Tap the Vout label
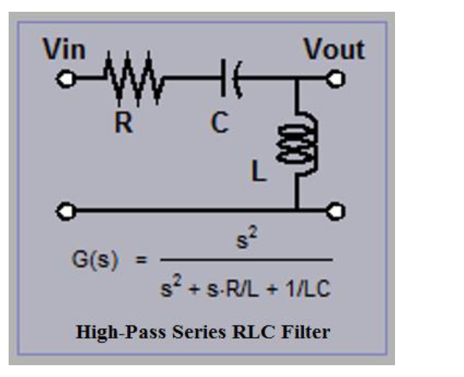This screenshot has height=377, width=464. [334, 50]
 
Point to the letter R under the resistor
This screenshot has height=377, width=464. [123, 124]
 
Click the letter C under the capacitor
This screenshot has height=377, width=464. [219, 124]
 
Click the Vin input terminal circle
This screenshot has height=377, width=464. [66, 79]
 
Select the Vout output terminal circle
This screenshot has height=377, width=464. [337, 79]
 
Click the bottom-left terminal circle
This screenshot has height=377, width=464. [66, 210]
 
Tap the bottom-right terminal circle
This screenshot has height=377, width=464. [337, 210]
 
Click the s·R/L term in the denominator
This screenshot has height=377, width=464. [243, 289]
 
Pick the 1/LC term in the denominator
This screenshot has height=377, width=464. [310, 289]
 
